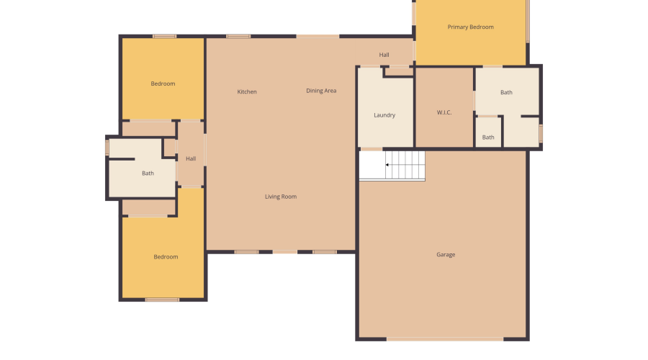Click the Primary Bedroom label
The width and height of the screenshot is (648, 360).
[x=470, y=27]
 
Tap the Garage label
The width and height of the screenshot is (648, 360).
[x=446, y=254]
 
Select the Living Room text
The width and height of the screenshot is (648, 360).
[x=280, y=197]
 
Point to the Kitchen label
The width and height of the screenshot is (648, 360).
[x=247, y=91]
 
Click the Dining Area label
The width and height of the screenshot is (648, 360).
[x=321, y=91]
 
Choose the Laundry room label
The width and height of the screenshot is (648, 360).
[x=384, y=115]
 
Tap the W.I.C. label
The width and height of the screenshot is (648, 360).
[x=444, y=112]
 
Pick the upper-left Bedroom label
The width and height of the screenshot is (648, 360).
[x=163, y=84]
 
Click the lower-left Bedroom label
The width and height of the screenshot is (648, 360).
[x=166, y=257]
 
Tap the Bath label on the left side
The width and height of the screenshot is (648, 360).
[x=148, y=173]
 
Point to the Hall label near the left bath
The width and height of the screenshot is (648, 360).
[x=191, y=158]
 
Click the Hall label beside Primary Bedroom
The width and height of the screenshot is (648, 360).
[x=384, y=55]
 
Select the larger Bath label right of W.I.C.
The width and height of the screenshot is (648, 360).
[x=506, y=92]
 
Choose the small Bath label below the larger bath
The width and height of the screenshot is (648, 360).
[x=488, y=138]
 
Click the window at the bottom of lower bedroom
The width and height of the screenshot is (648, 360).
[x=162, y=300]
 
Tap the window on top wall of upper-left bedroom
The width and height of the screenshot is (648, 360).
[x=164, y=36]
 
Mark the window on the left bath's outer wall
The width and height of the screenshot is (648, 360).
[x=107, y=147]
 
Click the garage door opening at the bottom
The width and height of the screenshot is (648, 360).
[x=445, y=339]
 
